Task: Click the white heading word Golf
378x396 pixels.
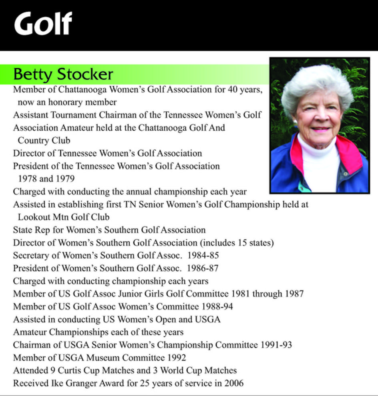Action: (x=43, y=24)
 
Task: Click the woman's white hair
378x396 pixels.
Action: (x=316, y=82)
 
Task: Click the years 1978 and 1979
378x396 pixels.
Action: (x=46, y=178)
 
